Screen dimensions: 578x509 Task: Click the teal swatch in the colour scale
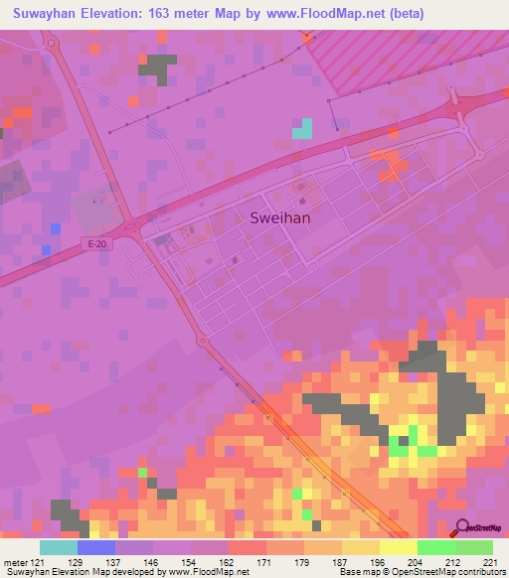[x=59, y=548]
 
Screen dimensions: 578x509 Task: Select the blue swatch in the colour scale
[x=96, y=548]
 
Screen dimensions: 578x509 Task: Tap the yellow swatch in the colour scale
[x=398, y=548]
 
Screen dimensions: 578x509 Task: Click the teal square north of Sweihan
[x=301, y=128]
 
